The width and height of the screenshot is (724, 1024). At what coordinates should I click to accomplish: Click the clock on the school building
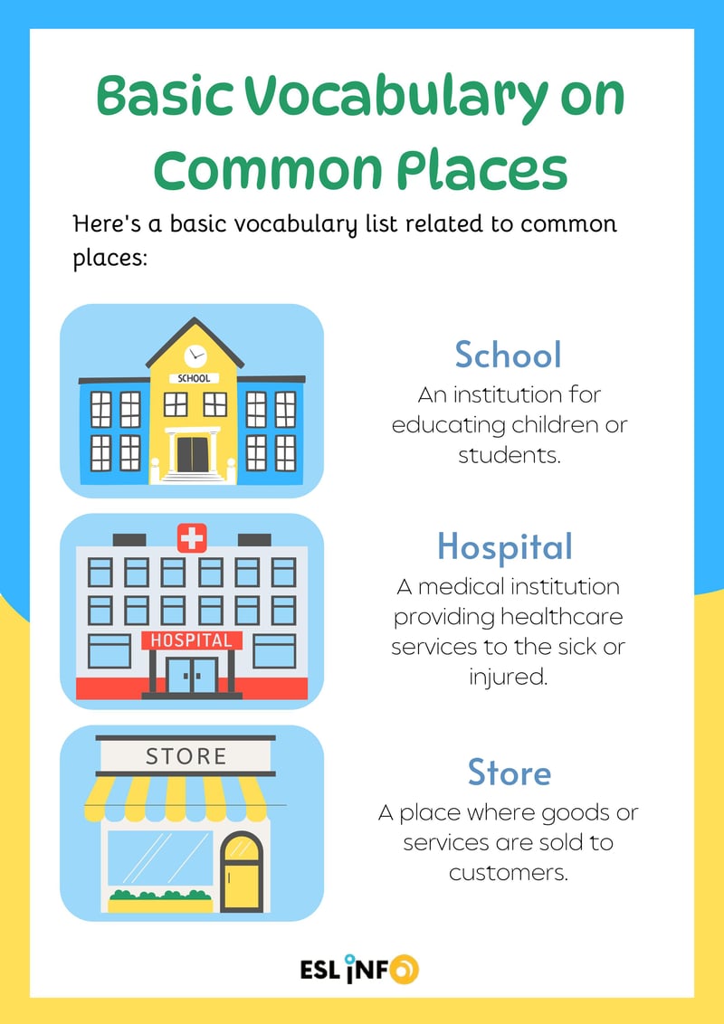tap(195, 356)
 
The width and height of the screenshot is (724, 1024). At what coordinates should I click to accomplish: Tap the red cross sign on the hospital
tap(192, 539)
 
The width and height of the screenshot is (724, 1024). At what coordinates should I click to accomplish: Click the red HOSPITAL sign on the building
tap(192, 640)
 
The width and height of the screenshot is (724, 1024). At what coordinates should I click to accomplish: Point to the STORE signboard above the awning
tap(186, 755)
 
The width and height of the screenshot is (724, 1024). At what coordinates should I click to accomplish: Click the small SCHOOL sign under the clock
tap(195, 378)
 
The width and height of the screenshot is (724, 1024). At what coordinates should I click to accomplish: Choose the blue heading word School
tap(508, 355)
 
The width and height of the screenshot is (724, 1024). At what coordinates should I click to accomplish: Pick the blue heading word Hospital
tap(505, 546)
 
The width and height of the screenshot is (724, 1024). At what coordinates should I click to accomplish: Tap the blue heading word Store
tap(509, 773)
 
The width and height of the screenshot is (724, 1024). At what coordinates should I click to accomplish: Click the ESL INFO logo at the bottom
tap(359, 969)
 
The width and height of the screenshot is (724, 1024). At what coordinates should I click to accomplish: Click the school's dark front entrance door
tap(192, 453)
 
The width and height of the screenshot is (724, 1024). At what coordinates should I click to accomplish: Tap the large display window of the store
tap(160, 858)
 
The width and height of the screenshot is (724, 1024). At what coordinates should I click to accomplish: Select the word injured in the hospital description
tap(508, 676)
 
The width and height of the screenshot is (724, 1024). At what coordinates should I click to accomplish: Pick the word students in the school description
tap(509, 453)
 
